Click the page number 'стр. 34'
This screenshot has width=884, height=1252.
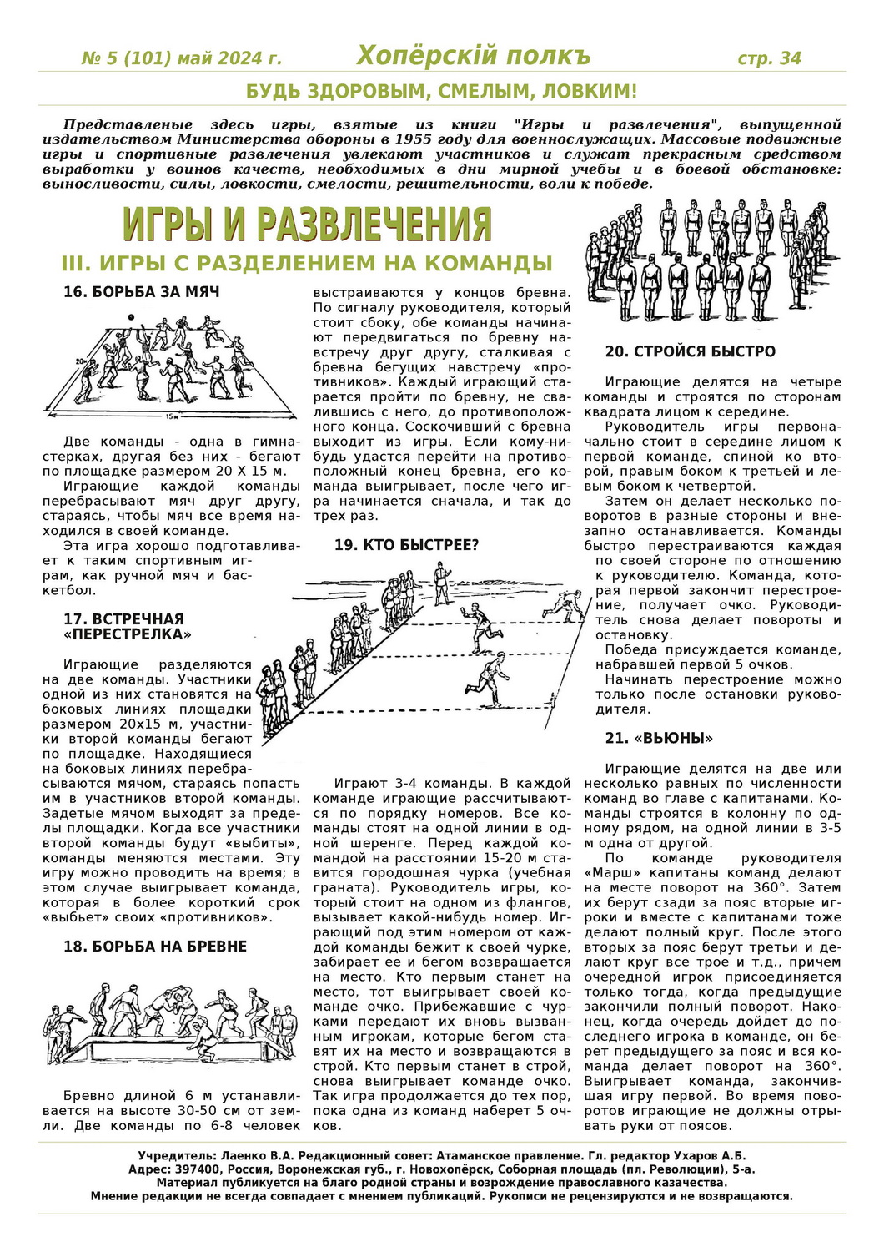[x=769, y=58]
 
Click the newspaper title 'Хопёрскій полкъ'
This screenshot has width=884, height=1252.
[x=473, y=56]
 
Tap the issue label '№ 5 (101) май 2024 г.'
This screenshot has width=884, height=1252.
[x=182, y=58]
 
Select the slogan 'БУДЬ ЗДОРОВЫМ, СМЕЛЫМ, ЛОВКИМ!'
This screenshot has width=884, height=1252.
[x=441, y=91]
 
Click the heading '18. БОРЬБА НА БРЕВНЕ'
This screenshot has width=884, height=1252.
[x=155, y=947]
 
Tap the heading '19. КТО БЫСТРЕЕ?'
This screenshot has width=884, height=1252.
[x=406, y=545]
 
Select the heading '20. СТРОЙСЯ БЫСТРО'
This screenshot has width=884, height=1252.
[x=691, y=351]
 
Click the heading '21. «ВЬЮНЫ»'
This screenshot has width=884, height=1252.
[x=659, y=738]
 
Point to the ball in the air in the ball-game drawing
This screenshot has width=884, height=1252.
[x=130, y=317]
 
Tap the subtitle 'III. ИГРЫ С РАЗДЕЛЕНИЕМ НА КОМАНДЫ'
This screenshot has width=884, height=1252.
[x=307, y=264]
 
